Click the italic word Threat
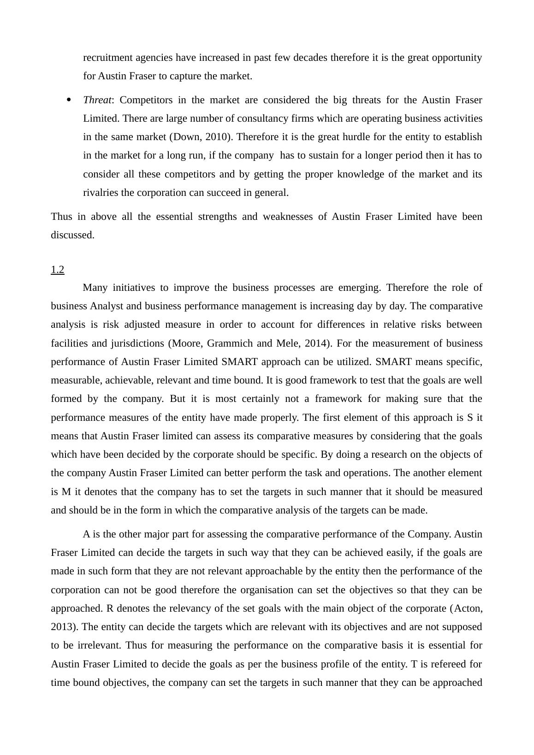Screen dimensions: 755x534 click(97, 100)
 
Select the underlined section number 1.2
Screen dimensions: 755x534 click(57, 270)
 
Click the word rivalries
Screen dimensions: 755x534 click(101, 193)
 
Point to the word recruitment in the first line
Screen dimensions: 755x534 click(107, 58)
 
